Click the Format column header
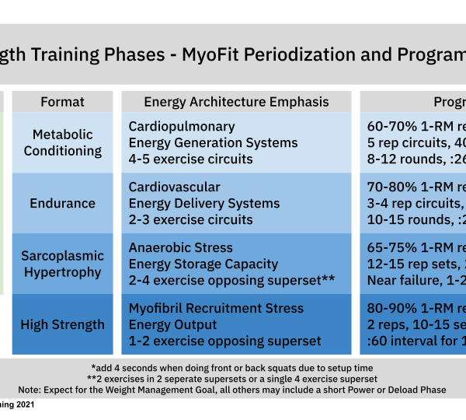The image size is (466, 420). click(x=63, y=102)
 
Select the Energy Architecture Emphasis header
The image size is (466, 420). click(x=236, y=102)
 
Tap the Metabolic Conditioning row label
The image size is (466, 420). click(x=63, y=142)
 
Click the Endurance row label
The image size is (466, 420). click(x=63, y=204)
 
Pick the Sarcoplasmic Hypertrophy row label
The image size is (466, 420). click(x=63, y=264)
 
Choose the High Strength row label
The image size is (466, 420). click(x=63, y=324)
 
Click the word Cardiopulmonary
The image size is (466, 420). click(x=182, y=127)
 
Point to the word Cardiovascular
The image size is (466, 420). click(x=175, y=187)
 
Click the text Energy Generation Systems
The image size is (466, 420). click(x=213, y=143)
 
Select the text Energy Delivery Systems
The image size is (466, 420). click(x=204, y=204)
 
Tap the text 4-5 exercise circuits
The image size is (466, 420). click(x=190, y=159)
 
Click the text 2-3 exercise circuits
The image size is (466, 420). click(x=190, y=220)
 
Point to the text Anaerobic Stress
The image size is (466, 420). click(x=181, y=247)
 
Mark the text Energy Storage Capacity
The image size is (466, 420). click(x=203, y=264)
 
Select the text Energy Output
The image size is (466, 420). click(x=172, y=324)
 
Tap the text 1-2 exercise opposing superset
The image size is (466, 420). click(x=224, y=341)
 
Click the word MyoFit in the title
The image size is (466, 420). click(x=207, y=55)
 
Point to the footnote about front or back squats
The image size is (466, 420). click(x=233, y=368)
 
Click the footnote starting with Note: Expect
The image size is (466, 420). click(x=233, y=390)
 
